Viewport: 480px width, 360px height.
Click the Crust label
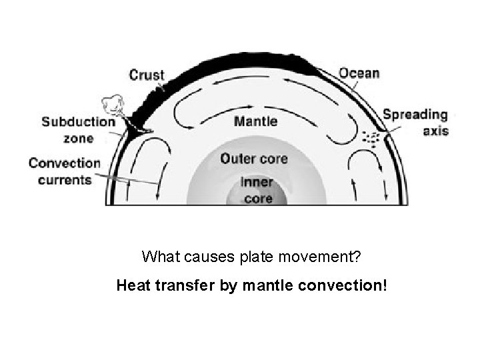[x=146, y=75]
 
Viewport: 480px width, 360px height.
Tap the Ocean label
[x=359, y=73]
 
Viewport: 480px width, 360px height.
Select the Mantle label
[x=256, y=122]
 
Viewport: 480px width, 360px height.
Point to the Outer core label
[x=254, y=159]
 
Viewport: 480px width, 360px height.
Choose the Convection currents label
[x=64, y=171]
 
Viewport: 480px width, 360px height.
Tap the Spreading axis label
[x=415, y=122]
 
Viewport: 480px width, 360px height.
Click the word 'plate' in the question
[x=245, y=256]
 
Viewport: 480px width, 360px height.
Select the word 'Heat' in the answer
[x=131, y=287]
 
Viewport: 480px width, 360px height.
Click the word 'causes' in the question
[x=202, y=256]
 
